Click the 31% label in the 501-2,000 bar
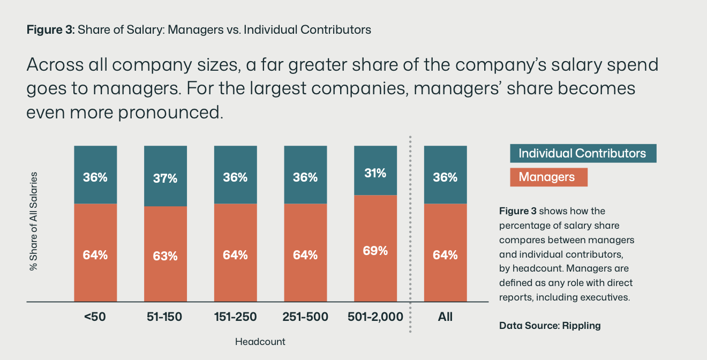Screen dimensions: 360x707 [375, 173]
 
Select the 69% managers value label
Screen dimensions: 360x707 [375, 250]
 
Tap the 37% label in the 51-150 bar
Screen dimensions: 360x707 [165, 178]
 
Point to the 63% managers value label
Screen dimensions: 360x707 [165, 256]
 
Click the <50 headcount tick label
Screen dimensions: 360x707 [95, 317]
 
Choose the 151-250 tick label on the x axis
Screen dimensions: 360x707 [235, 317]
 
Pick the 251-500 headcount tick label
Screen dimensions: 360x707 [305, 317]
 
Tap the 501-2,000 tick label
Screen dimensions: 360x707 [375, 317]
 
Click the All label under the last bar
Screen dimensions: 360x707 [445, 317]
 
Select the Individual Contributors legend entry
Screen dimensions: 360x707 [583, 154]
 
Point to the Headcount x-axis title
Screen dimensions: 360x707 [260, 341]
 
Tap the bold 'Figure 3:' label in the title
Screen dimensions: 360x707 [50, 30]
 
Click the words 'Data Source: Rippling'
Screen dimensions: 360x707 [550, 325]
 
